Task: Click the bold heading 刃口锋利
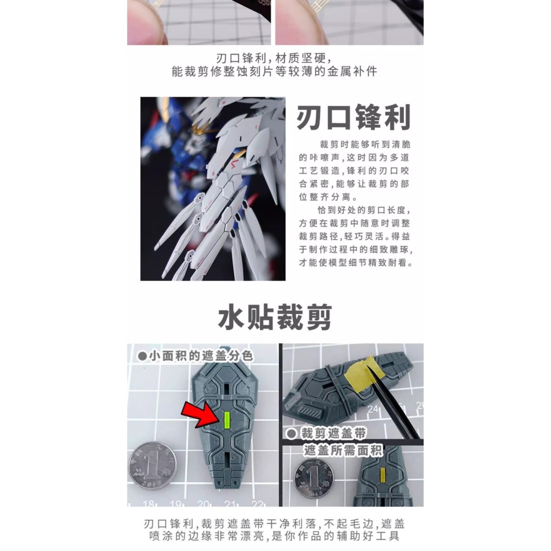(x=353, y=118)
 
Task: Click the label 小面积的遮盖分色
(x=195, y=356)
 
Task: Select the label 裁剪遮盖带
(x=327, y=434)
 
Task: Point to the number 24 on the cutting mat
(x=377, y=409)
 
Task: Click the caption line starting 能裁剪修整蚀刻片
(x=275, y=72)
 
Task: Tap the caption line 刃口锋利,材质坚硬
(x=275, y=58)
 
